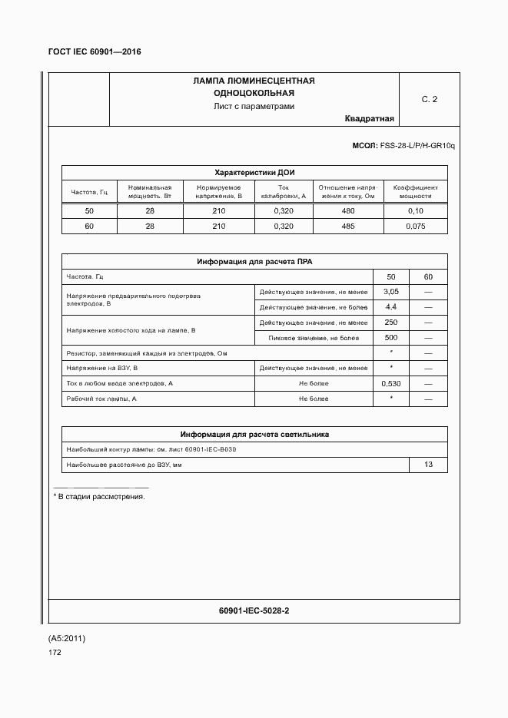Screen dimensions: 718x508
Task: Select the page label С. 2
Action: point(429,100)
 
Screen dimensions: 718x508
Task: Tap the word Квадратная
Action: point(370,119)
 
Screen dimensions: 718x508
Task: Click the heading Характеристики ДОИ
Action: point(254,172)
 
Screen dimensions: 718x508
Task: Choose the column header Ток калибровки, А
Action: point(283,192)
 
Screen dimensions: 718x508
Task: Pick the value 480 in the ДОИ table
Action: point(348,211)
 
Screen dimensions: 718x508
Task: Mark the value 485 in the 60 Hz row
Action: point(348,227)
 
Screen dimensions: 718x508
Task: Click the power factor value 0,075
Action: point(415,227)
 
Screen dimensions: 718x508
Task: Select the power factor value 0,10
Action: point(415,211)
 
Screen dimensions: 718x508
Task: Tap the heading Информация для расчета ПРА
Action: point(254,262)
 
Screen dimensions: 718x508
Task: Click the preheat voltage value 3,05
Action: point(390,292)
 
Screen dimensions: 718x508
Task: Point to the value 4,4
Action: point(390,307)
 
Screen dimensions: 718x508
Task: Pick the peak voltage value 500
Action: point(390,338)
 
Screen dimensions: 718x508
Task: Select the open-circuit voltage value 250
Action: point(390,323)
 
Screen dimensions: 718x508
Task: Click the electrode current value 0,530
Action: point(390,383)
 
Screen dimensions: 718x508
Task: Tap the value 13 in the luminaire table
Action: point(428,465)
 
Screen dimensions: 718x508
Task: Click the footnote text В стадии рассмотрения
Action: point(99,497)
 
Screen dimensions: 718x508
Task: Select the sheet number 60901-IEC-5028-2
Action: point(254,610)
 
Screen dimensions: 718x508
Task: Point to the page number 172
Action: point(55,653)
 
